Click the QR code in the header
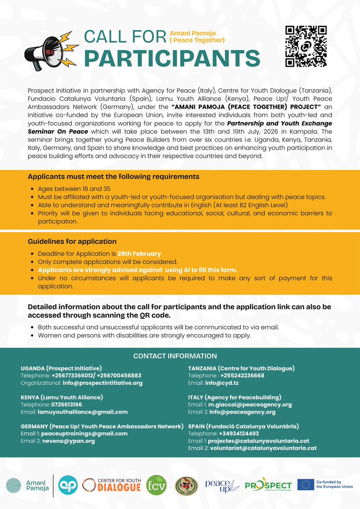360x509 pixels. click(x=306, y=46)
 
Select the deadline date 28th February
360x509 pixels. click(x=139, y=254)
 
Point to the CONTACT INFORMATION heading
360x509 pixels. click(x=175, y=356)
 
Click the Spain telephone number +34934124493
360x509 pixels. click(x=239, y=433)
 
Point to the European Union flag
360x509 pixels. click(x=306, y=485)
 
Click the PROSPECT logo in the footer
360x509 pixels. click(x=268, y=485)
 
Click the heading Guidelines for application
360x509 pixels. click(x=72, y=242)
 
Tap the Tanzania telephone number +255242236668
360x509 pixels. click(x=242, y=376)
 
